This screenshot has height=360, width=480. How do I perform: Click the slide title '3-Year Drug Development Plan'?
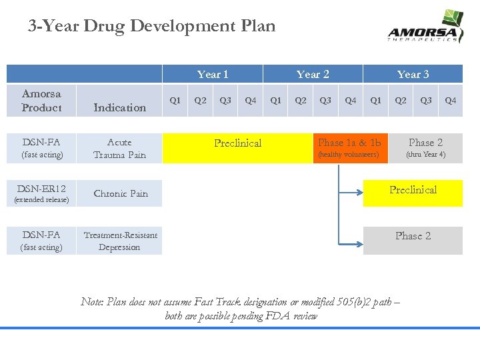tap(151, 26)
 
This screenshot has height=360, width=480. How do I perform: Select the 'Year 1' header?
tap(213, 74)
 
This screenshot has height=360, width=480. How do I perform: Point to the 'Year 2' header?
tap(313, 74)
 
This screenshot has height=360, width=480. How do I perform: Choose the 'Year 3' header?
tap(413, 74)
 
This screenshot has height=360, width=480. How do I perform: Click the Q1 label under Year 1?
tap(175, 101)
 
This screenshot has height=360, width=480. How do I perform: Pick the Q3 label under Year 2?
tap(325, 101)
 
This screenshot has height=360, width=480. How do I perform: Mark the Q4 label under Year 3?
tap(451, 101)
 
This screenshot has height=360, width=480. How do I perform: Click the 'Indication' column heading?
tap(120, 107)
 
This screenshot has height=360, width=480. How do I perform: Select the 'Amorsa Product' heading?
tap(41, 101)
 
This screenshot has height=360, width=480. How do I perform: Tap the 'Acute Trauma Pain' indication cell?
tap(120, 148)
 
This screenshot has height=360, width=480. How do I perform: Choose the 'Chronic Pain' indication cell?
tap(121, 193)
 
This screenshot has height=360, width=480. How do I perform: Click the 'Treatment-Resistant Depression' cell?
tap(120, 241)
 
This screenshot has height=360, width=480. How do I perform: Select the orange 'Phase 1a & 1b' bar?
tap(349, 148)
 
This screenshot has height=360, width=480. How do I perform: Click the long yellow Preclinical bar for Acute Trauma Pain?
tap(238, 148)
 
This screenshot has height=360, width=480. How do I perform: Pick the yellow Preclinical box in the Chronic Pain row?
tap(413, 193)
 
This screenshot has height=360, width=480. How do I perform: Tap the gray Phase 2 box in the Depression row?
tap(413, 240)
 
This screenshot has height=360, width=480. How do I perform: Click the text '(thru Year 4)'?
tap(425, 155)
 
